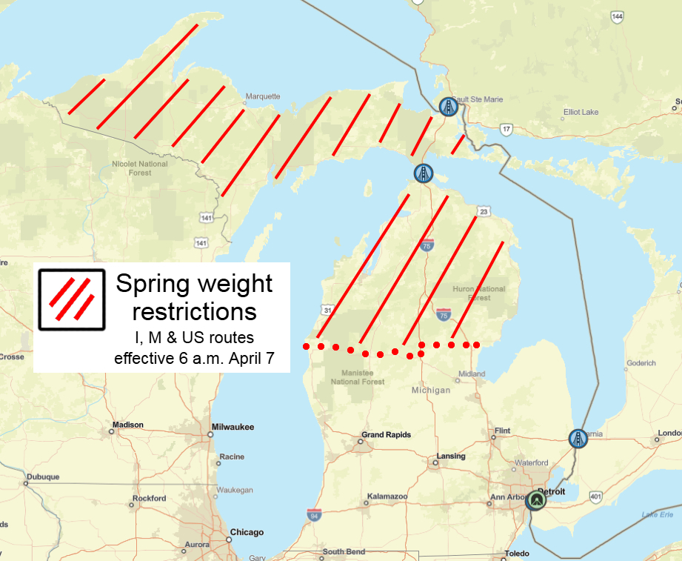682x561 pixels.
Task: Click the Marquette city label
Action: click(x=263, y=96)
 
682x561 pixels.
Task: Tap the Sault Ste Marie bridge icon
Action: click(x=447, y=107)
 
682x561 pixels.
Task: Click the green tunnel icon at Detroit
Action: click(x=535, y=501)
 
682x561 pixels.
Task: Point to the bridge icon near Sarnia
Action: click(x=578, y=439)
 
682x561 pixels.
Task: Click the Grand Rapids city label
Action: click(x=386, y=435)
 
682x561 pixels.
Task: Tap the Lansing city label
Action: click(x=450, y=456)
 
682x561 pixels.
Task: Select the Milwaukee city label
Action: click(x=233, y=427)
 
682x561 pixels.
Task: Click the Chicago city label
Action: click(x=247, y=532)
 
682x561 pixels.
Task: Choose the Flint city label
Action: click(x=502, y=431)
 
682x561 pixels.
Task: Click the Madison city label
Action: click(x=127, y=425)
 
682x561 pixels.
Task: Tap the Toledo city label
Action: click(x=517, y=554)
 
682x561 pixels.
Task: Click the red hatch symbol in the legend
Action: click(x=71, y=298)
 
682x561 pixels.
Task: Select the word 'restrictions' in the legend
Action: click(x=194, y=310)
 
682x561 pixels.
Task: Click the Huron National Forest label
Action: click(x=478, y=293)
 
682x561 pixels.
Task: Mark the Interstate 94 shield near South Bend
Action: click(x=315, y=514)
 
